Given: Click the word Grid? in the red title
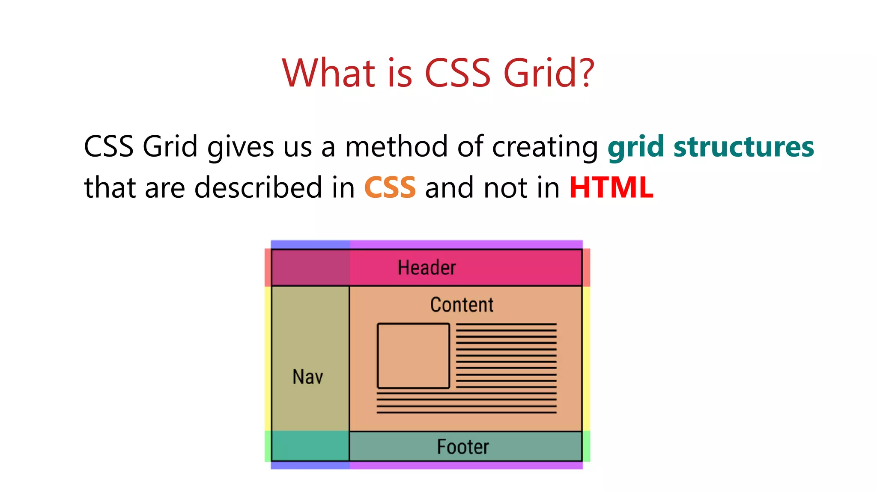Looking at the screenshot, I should coord(549,73).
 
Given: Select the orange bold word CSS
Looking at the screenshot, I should coord(390,187).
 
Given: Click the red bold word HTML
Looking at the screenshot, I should coord(611,187).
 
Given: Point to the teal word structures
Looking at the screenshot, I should coord(743,147).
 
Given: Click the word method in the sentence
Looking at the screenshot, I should coord(396,147).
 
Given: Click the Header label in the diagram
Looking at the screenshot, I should coord(427,268).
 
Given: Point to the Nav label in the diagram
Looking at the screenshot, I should coord(307,377).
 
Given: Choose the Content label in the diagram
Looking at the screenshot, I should coord(462,305).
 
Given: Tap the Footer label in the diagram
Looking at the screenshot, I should coord(462,447).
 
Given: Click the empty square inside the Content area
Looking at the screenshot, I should coord(413,356).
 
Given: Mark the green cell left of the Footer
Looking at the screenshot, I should coord(310,446).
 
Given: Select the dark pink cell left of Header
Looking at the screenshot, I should coord(310,267).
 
